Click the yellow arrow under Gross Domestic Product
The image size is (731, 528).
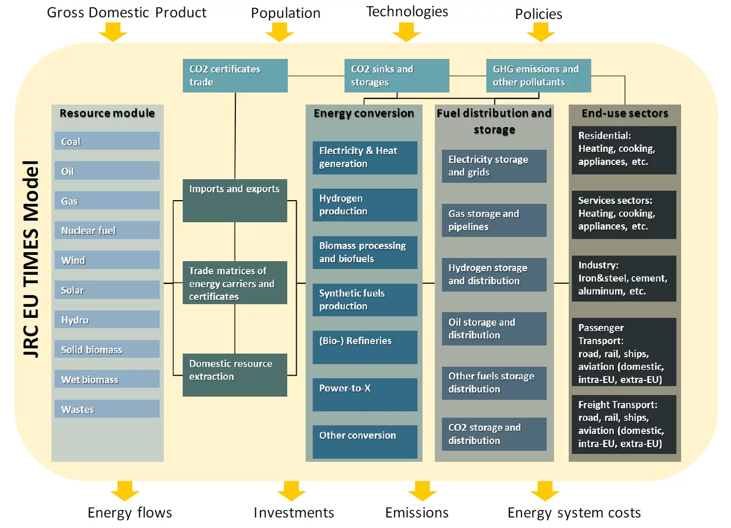tap(113, 33)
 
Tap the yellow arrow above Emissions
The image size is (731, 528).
tap(422, 491)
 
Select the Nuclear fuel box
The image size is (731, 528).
tap(107, 230)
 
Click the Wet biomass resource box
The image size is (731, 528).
tap(107, 379)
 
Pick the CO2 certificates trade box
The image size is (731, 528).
tap(235, 76)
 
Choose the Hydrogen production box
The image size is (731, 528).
tap(364, 205)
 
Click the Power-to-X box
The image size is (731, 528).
tap(364, 394)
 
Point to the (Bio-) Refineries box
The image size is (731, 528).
tap(364, 347)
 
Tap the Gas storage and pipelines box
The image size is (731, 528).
tap(494, 220)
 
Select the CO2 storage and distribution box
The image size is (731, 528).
tap(494, 434)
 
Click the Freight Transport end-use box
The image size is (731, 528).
tap(624, 424)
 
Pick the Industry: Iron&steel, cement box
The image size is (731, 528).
tap(624, 278)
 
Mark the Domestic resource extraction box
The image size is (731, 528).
tap(235, 375)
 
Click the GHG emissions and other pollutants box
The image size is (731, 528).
tap(538, 76)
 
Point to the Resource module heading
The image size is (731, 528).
tap(107, 113)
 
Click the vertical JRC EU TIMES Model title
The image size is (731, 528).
tap(31, 258)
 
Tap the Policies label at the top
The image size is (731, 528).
tap(538, 14)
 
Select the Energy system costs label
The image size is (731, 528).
tap(574, 513)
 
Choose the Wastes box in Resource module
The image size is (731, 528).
tap(107, 409)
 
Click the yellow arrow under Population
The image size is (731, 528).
tap(279, 33)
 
